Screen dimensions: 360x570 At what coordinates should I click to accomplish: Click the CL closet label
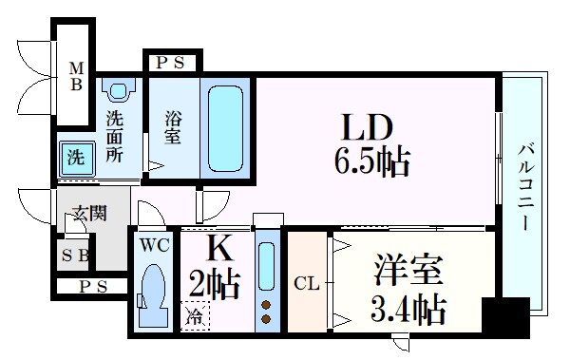pyautogui.click(x=306, y=282)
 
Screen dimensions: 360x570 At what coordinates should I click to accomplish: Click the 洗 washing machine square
pyautogui.click(x=74, y=155)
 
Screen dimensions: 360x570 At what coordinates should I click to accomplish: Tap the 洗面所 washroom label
pyautogui.click(x=115, y=136)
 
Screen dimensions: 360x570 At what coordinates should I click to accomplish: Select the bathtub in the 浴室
pyautogui.click(x=226, y=127)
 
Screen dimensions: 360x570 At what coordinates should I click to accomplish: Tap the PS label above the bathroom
pyautogui.click(x=172, y=64)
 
